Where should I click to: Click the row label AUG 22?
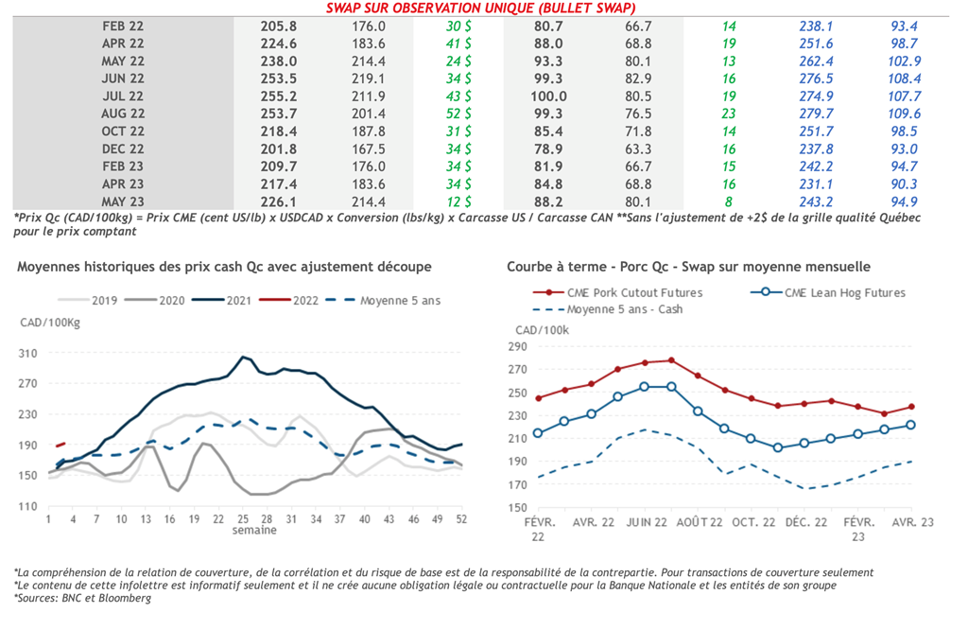click(123, 114)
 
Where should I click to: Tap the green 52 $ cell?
click(459, 114)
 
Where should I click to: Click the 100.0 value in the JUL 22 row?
click(549, 96)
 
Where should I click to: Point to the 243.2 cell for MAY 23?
click(815, 201)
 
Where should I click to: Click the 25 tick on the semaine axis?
click(243, 519)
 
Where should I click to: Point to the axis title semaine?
click(255, 531)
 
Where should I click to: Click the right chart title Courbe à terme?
click(688, 267)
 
